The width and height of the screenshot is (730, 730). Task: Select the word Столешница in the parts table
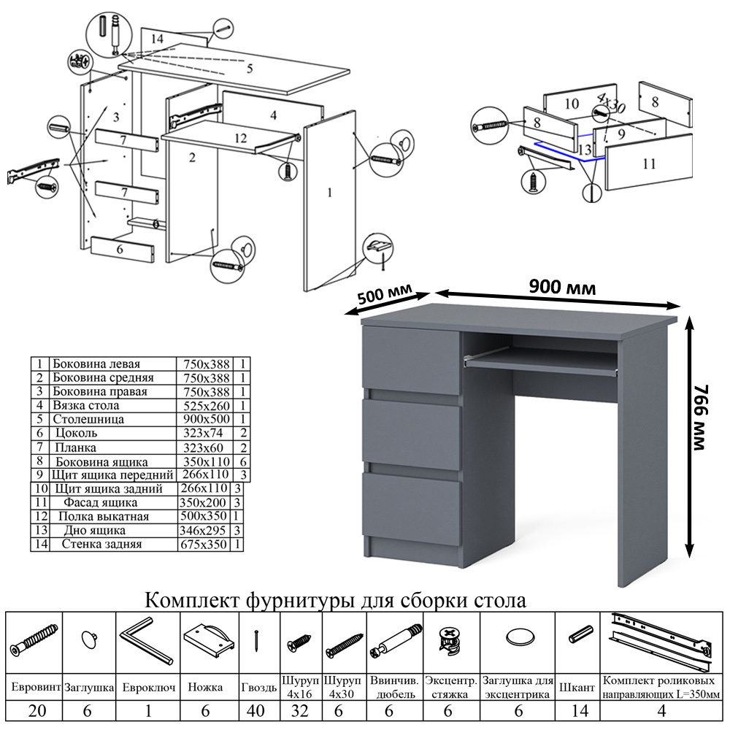(88, 420)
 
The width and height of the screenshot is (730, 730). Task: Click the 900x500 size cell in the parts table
(204, 420)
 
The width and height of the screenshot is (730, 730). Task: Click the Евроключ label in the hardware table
(149, 688)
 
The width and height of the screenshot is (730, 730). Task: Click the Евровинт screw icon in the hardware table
(34, 639)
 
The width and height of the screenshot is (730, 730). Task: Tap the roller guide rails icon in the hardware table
(661, 639)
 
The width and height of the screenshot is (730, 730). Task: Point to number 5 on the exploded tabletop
(249, 69)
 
